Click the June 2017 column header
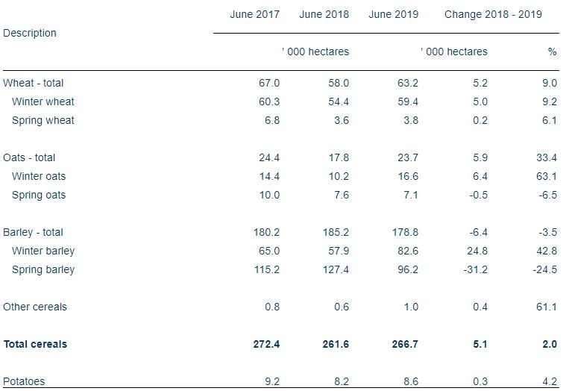coord(254,14)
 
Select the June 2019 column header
coord(393,14)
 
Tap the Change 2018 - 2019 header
coord(493,14)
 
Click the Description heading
coord(30,33)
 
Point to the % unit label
coord(552,51)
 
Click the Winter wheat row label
coord(43,101)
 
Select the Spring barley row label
coord(43,269)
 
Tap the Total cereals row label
coord(35,344)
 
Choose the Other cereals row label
coord(35,307)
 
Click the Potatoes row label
coord(24,381)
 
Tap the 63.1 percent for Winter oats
coord(547,176)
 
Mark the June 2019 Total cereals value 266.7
coord(404,344)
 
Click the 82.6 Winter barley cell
coord(406,251)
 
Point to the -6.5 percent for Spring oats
coord(547,195)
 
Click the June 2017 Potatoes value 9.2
coord(271,381)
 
